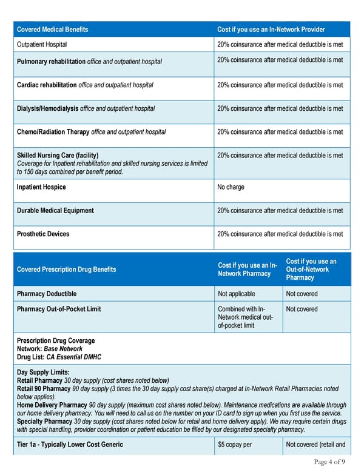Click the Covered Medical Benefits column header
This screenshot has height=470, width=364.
52,30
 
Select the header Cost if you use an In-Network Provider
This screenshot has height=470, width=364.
271,30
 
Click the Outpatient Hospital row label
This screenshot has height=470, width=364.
42,44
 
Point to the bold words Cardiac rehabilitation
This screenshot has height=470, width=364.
47,85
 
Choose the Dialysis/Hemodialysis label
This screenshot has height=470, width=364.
48,108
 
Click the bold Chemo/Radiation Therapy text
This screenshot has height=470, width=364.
53,131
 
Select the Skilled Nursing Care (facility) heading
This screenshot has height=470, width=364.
58,155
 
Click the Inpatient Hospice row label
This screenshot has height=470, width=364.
41,187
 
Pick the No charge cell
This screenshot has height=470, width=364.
232,187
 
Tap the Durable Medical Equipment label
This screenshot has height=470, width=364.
55,210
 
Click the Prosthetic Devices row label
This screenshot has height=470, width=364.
43,234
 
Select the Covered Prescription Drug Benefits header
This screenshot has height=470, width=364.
67,270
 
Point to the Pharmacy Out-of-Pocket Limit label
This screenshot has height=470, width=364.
59,309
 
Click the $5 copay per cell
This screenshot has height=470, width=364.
238,445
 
